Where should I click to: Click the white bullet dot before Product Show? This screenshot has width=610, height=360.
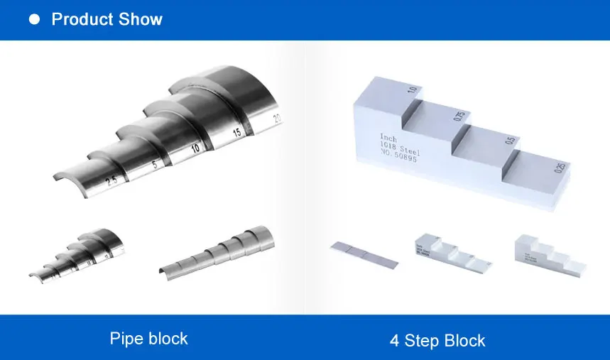click(x=33, y=20)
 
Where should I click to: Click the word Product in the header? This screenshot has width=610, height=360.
click(x=78, y=19)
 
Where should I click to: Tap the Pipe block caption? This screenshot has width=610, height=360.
click(x=148, y=338)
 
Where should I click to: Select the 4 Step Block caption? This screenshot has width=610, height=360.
click(x=437, y=340)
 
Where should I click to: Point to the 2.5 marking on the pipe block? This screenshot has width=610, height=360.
click(x=112, y=182)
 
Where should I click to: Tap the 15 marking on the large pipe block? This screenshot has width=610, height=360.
click(x=236, y=133)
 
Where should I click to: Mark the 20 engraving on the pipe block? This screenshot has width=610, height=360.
click(x=277, y=118)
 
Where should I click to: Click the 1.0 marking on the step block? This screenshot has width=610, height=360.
click(x=411, y=90)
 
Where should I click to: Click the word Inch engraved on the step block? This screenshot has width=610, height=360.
click(x=389, y=137)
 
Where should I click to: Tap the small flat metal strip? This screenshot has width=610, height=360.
click(x=364, y=253)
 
